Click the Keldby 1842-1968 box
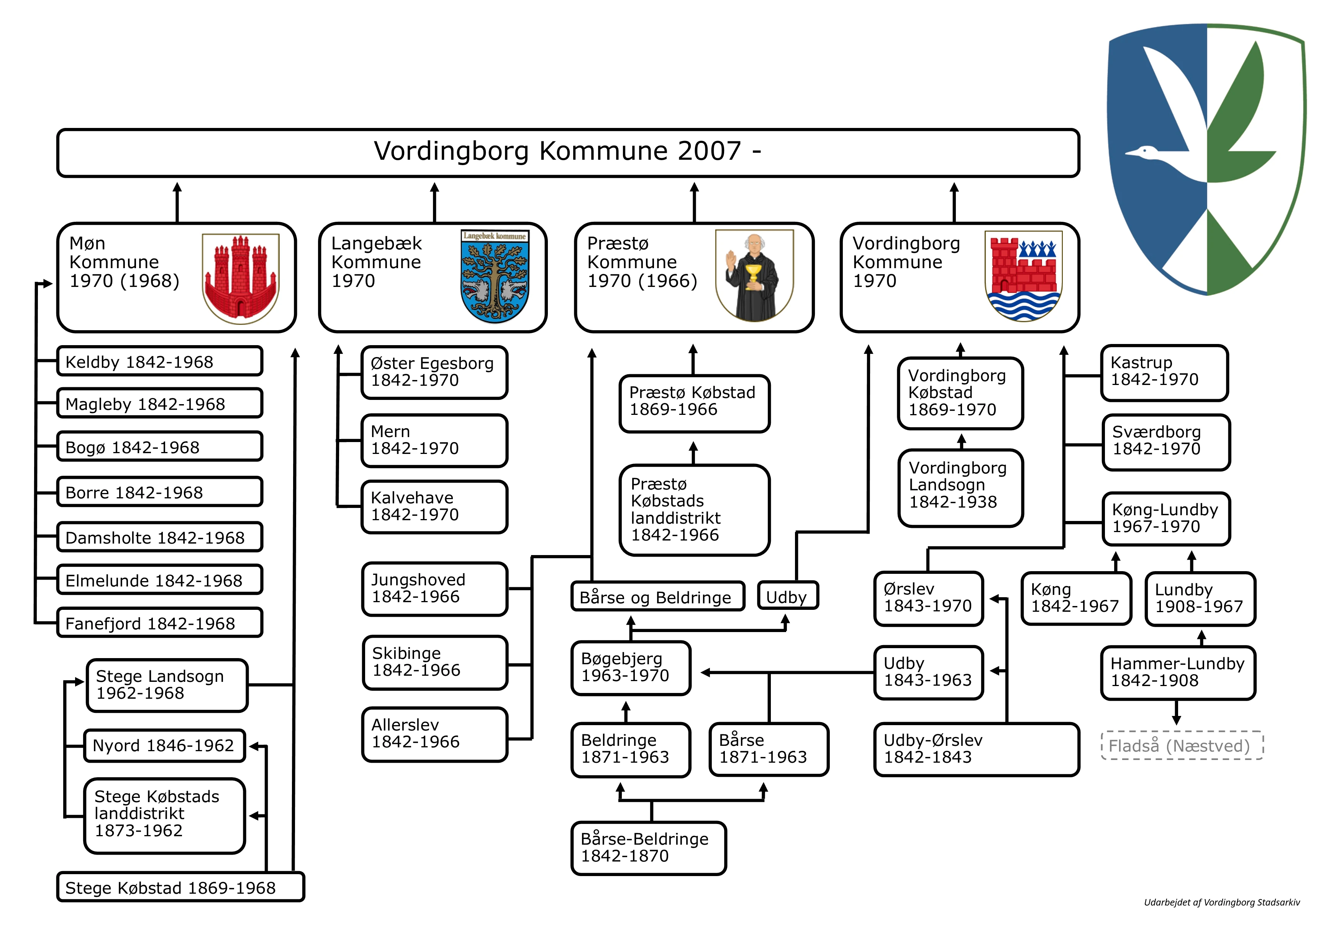pos(159,361)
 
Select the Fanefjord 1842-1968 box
pos(159,623)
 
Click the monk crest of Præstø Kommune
pos(754,276)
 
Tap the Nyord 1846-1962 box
pos(164,745)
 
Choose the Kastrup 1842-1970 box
pos(1164,372)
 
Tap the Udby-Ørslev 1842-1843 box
pos(976,749)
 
